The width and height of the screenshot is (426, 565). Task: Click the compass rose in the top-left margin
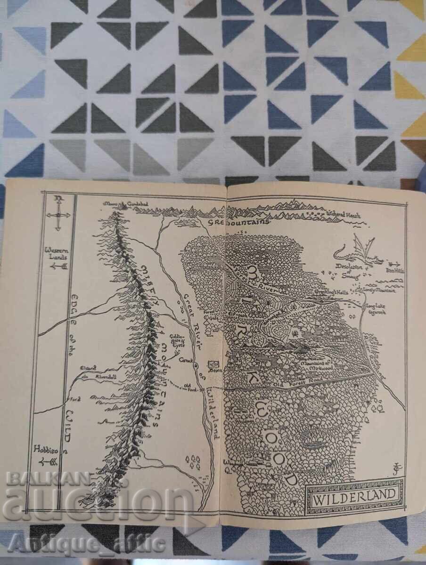(x=58, y=214)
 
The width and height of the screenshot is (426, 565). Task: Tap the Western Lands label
(x=57, y=253)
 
